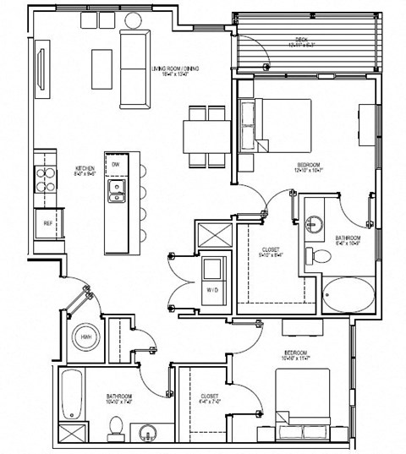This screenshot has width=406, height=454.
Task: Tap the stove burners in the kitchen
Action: pyautogui.click(x=42, y=178)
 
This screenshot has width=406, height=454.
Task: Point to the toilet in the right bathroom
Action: pyautogui.click(x=320, y=254)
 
